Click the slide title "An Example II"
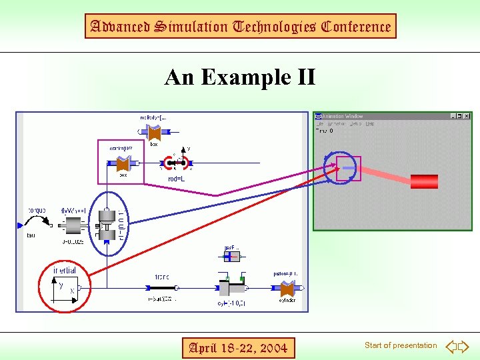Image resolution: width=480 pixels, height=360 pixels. point(240,77)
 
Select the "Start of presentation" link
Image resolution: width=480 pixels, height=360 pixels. point(401,345)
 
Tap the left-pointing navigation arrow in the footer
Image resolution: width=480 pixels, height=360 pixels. point(451,346)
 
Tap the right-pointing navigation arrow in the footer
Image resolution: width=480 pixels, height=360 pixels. point(464,346)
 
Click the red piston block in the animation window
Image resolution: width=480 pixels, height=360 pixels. point(424,181)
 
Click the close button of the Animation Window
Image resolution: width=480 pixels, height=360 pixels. point(466,116)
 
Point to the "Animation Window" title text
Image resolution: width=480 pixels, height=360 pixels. point(343,116)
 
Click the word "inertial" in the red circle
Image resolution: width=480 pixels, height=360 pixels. point(65,270)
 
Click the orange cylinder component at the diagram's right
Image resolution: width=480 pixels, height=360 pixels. point(287,289)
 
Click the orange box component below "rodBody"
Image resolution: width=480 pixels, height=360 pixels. point(154,133)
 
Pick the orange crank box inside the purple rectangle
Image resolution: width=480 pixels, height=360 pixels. point(123,163)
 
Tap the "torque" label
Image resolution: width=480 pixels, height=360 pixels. point(37,210)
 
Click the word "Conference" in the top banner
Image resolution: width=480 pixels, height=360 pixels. point(356,27)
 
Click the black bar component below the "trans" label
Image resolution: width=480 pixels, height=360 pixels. point(163,289)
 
